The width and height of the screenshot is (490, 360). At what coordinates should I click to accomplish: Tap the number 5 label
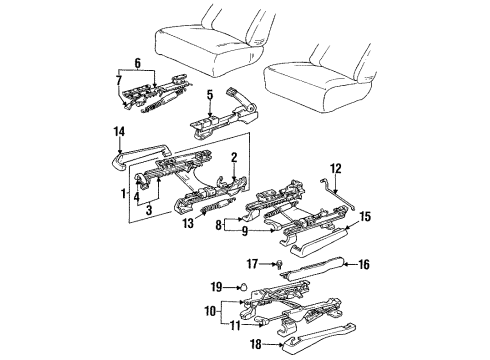point(209,96)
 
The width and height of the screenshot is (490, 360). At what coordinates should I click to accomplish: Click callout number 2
point(233,158)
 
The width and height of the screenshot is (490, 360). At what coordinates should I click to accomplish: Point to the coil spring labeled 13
point(212,211)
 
